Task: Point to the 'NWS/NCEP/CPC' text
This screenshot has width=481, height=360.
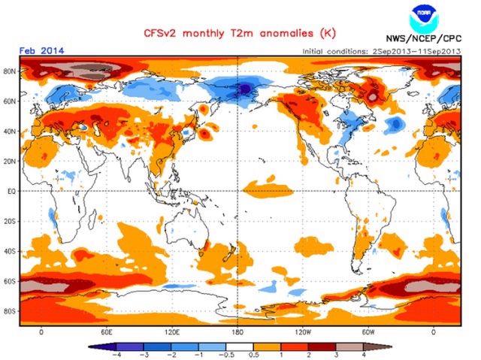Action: (x=425, y=39)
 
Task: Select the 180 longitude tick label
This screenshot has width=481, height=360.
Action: (x=237, y=332)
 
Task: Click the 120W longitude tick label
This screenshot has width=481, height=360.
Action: (x=303, y=332)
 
